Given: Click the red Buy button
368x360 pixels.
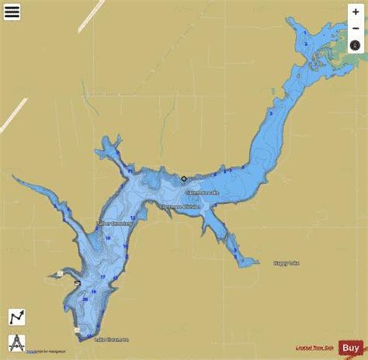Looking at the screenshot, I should click(x=349, y=348).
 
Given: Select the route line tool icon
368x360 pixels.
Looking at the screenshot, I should click(x=17, y=317).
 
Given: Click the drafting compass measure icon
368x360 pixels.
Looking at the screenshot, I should click(x=17, y=341).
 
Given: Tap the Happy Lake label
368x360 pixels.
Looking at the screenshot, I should click(x=286, y=265).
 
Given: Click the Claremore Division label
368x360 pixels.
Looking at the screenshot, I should click(x=180, y=207).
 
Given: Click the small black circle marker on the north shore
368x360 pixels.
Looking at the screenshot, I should click(x=184, y=178).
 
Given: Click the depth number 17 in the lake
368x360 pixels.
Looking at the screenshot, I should click(x=102, y=276).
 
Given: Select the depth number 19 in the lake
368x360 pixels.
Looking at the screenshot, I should click(x=92, y=292).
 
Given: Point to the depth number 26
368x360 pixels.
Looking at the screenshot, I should click(x=85, y=299).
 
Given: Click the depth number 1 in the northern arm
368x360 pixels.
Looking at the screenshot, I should click(x=306, y=44).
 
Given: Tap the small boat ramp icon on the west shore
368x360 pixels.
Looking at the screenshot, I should click(x=77, y=283).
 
